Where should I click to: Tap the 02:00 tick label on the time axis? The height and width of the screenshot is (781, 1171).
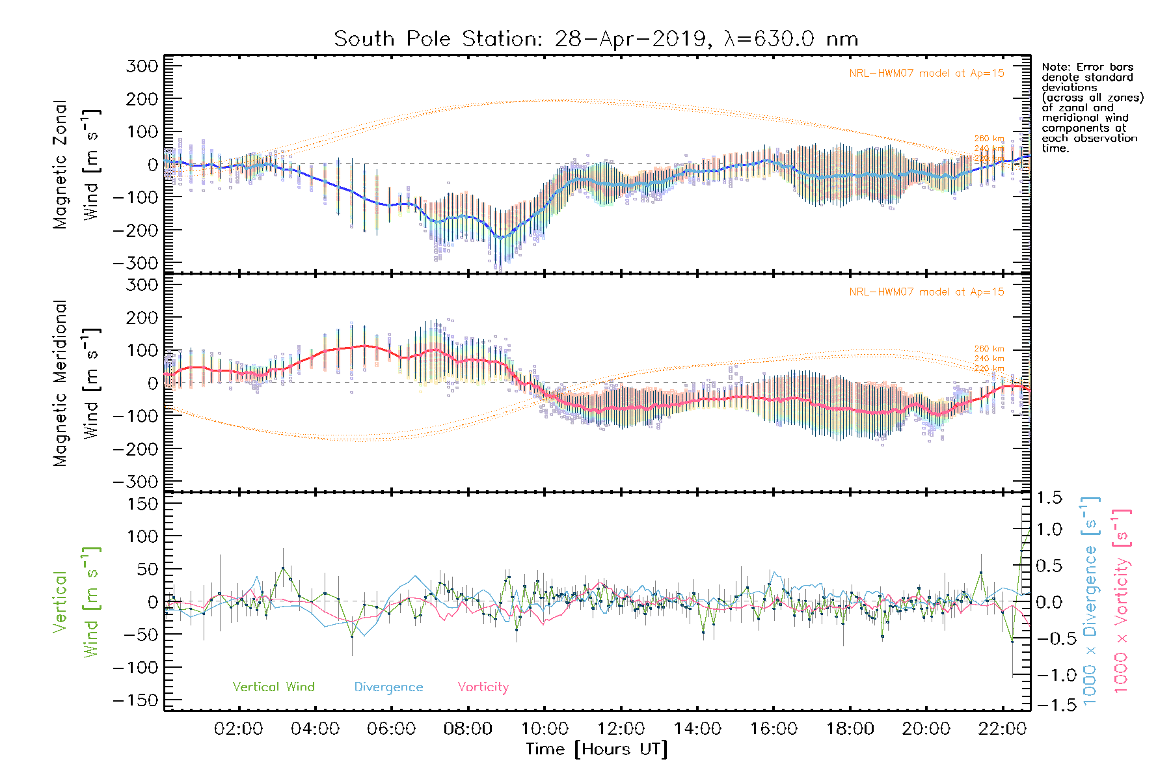point(239,729)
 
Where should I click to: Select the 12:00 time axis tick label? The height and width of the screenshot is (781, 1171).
point(621,729)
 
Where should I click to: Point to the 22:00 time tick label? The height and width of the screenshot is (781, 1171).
point(1003,729)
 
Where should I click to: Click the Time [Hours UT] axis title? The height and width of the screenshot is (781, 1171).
point(597,749)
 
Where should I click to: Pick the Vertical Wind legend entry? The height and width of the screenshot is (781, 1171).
point(273,687)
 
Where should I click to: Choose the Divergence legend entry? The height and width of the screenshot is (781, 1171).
point(388,687)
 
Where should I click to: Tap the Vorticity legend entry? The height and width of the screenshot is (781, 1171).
point(483,687)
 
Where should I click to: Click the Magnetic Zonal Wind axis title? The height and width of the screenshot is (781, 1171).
point(76,164)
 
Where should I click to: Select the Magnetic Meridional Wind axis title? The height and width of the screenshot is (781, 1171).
point(76,383)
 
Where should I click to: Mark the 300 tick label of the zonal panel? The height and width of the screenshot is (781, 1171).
point(142,66)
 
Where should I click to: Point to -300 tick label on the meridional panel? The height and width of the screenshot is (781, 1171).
point(135,482)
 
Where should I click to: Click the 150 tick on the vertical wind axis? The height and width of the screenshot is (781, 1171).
point(142,504)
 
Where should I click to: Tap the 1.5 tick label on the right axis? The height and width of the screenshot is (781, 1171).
point(1049,498)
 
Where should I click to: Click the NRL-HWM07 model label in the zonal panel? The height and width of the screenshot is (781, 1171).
point(926,74)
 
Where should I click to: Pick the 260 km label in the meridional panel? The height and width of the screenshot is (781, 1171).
point(989,349)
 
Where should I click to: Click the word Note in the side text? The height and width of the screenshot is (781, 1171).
point(1055,67)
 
